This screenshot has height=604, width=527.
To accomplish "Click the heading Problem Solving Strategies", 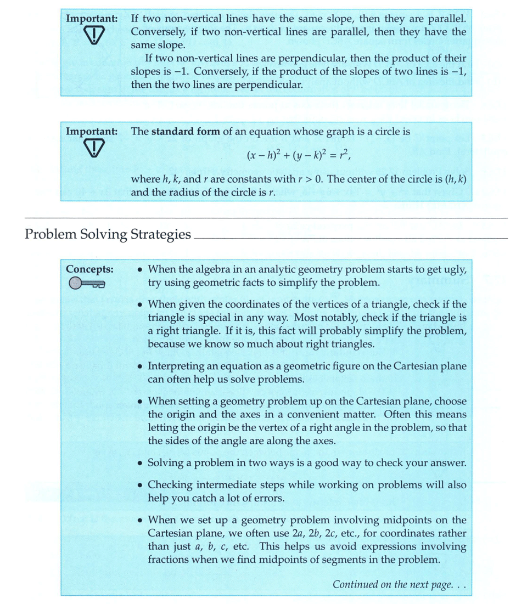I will (x=108, y=235).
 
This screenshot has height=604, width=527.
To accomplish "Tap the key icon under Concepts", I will (x=87, y=284).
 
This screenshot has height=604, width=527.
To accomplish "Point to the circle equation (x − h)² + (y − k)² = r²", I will (x=299, y=155).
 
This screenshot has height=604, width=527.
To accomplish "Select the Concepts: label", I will (x=89, y=269).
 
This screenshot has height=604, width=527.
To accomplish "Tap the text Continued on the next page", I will (x=399, y=584).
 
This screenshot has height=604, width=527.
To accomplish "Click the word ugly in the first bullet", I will (x=455, y=269).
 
